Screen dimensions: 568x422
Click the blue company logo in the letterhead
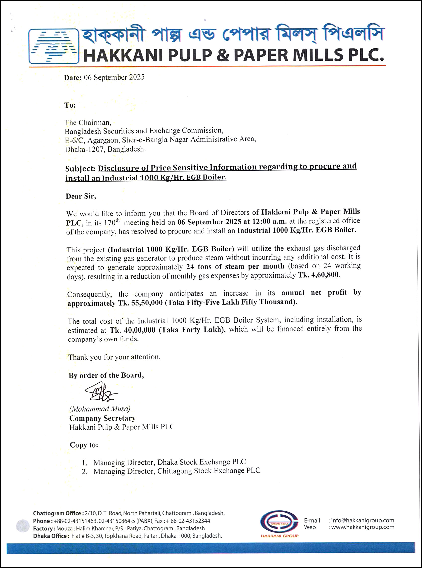click(54, 46)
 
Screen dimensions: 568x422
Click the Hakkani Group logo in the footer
click(279, 522)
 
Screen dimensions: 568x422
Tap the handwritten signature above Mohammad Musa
click(101, 392)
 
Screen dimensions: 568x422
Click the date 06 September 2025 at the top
click(114, 77)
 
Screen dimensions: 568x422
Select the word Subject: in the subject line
click(80, 169)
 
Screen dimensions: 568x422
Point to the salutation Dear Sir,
click(81, 196)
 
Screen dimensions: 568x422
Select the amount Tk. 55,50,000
click(140, 303)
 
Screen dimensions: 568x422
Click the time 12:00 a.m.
click(269, 221)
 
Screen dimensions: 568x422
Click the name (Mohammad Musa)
click(100, 409)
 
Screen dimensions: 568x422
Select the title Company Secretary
click(102, 418)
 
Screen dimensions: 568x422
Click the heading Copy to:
click(84, 445)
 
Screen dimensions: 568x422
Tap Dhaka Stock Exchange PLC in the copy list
click(201, 462)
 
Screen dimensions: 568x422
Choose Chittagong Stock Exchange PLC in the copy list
click(209, 471)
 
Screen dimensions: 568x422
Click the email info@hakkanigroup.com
click(363, 520)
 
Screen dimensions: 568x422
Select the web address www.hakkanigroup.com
click(363, 527)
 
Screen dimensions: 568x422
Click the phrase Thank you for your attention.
click(114, 357)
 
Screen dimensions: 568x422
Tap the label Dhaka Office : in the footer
click(51, 536)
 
